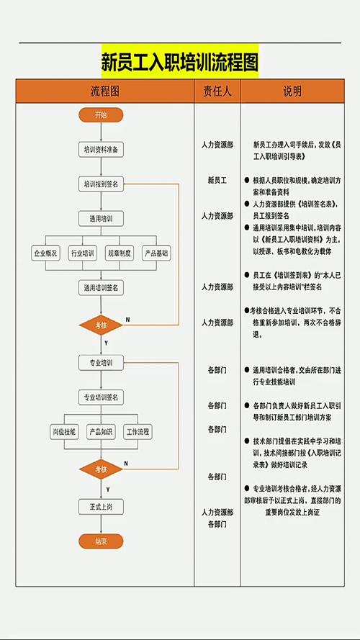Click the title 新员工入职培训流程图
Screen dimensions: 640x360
pyautogui.click(x=179, y=62)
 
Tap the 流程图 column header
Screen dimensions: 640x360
pyautogui.click(x=104, y=91)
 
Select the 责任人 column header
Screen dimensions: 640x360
pyautogui.click(x=217, y=91)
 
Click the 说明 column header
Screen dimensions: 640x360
pyautogui.click(x=292, y=91)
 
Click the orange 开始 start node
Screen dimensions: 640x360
pyautogui.click(x=101, y=115)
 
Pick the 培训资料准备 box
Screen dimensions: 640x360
pyautogui.click(x=101, y=150)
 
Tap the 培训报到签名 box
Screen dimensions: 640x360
pyautogui.click(x=101, y=184)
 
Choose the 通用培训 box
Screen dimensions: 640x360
pyautogui.click(x=101, y=218)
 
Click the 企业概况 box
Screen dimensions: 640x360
pyautogui.click(x=45, y=253)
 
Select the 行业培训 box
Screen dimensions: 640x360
pyautogui.click(x=82, y=253)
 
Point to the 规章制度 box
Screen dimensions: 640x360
pyautogui.click(x=119, y=253)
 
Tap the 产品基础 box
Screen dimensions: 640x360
pyautogui.click(x=156, y=253)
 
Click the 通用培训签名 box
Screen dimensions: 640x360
pyautogui.click(x=101, y=287)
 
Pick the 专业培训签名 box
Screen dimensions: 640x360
pyautogui.click(x=101, y=397)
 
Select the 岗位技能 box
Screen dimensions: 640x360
pyautogui.click(x=63, y=432)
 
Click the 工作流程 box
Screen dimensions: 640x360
pyautogui.click(x=138, y=432)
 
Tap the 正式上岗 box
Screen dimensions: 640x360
pyautogui.click(x=101, y=507)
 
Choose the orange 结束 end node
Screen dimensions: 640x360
pyautogui.click(x=101, y=541)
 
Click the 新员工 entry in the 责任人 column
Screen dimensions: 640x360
pyautogui.click(x=217, y=180)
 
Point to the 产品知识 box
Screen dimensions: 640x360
pyautogui.click(x=101, y=432)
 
